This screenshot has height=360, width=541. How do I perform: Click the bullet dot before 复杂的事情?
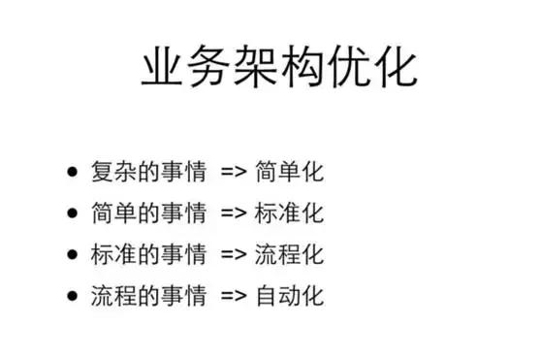pyautogui.click(x=72, y=173)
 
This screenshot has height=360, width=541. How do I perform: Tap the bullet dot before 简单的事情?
pyautogui.click(x=72, y=213)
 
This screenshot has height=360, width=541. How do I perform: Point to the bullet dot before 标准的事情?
pyautogui.click(x=72, y=254)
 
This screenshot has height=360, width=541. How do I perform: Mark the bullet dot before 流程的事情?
pyautogui.click(x=72, y=295)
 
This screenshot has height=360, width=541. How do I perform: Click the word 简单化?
pyautogui.click(x=290, y=173)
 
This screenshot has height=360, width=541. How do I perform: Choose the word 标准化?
pyautogui.click(x=290, y=213)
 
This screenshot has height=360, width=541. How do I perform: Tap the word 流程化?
pyautogui.click(x=290, y=254)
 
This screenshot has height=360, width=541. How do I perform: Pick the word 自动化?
pyautogui.click(x=290, y=295)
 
